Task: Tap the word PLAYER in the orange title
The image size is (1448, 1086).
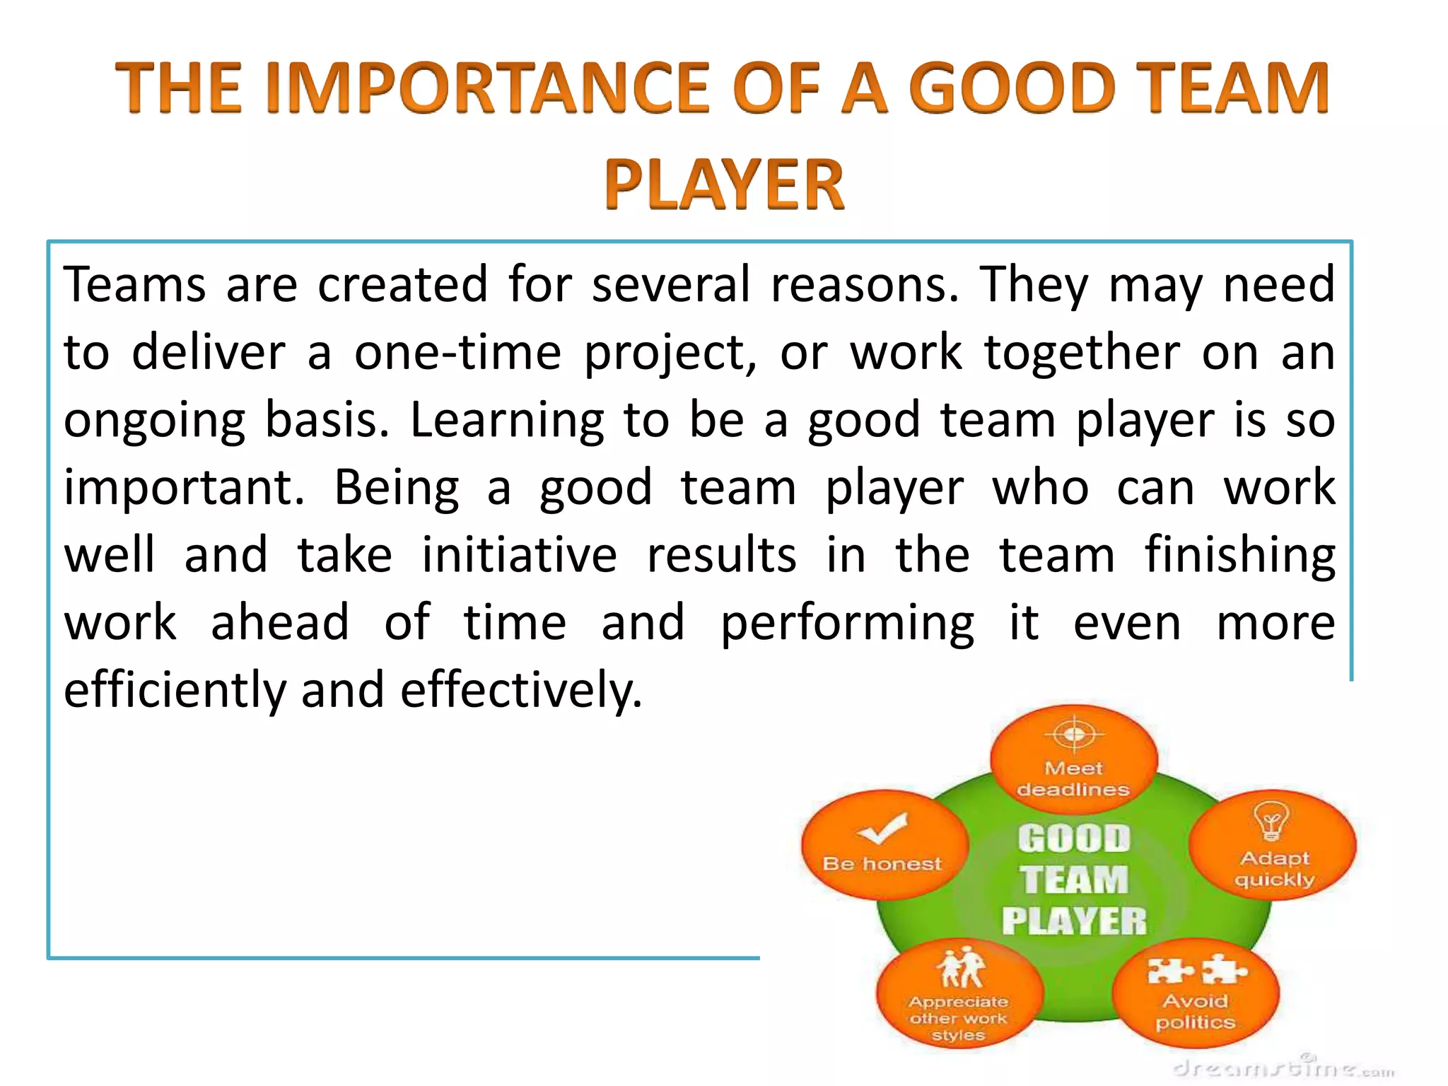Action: tap(724, 185)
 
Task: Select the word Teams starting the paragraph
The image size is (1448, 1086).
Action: tap(134, 284)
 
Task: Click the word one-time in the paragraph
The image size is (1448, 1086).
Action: tap(457, 352)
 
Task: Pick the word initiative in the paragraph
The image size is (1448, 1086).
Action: tap(519, 555)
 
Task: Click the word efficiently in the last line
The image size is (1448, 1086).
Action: tap(175, 690)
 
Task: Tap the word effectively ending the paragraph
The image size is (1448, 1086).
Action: tap(522, 690)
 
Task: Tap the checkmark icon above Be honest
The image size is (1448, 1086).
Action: tap(882, 828)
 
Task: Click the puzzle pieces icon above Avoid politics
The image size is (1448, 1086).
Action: tap(1196, 970)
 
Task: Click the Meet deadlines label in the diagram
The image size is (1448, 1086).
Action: tap(1073, 779)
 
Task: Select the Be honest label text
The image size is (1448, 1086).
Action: tap(882, 864)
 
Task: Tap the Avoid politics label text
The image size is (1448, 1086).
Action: tap(1196, 1012)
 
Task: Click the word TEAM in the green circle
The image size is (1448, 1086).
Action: tap(1074, 880)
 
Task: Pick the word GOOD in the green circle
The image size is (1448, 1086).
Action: tap(1074, 839)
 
